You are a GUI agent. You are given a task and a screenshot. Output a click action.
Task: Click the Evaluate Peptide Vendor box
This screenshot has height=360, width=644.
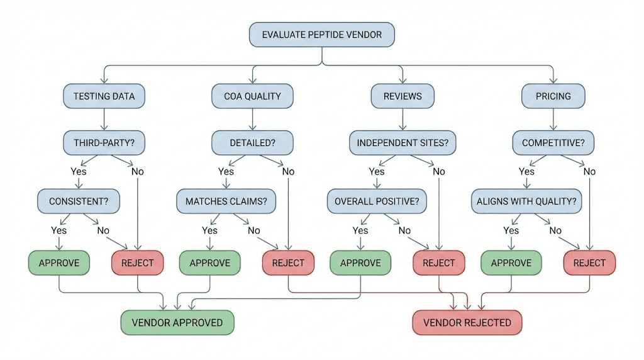tap(322, 35)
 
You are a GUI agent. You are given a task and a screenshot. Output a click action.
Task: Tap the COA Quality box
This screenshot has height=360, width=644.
tap(252, 96)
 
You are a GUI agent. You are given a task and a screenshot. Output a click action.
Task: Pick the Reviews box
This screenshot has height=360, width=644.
tap(402, 96)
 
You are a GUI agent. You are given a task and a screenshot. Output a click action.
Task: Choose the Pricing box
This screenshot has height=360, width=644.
tap(553, 96)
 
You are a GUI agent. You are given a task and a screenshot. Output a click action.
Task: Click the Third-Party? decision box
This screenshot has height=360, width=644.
tap(104, 143)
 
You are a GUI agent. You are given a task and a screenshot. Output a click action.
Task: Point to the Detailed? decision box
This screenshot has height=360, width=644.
tap(252, 143)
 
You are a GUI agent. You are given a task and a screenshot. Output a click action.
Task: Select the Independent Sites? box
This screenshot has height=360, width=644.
tap(402, 143)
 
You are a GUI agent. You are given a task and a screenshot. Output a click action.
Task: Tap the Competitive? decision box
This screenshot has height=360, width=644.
tap(553, 143)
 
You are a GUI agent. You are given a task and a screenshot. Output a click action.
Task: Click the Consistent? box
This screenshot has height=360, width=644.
tap(78, 201)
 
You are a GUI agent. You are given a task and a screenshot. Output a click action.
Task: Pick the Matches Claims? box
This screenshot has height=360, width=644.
tap(226, 201)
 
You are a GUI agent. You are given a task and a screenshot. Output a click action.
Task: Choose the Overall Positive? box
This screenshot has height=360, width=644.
tap(377, 201)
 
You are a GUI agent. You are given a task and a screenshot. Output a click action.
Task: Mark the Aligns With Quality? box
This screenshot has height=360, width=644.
tap(527, 201)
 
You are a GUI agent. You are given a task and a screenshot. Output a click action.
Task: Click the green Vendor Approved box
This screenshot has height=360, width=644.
tap(177, 322)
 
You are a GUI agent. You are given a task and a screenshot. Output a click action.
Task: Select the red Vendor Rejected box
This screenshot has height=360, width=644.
tap(467, 322)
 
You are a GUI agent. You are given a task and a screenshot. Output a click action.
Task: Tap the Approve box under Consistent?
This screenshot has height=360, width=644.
tap(59, 262)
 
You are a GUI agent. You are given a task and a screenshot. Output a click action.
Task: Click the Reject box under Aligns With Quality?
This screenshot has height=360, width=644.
tap(589, 262)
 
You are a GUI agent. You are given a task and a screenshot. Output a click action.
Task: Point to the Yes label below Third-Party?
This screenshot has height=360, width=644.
tap(79, 171)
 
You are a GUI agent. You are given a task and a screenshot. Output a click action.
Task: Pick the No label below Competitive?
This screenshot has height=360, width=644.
tap(589, 171)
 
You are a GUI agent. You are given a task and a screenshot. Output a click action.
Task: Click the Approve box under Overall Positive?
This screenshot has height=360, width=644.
tap(360, 262)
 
